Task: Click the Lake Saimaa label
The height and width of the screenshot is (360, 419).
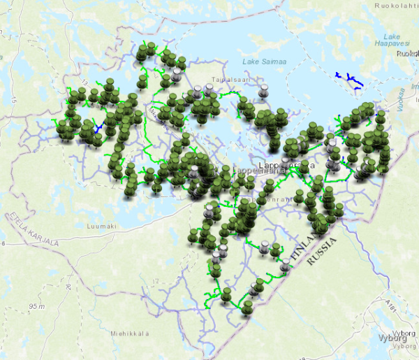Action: click(x=265, y=63)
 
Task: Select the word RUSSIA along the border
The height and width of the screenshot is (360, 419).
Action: click(x=323, y=250)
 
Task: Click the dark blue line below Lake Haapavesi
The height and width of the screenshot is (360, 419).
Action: click(x=348, y=80)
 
